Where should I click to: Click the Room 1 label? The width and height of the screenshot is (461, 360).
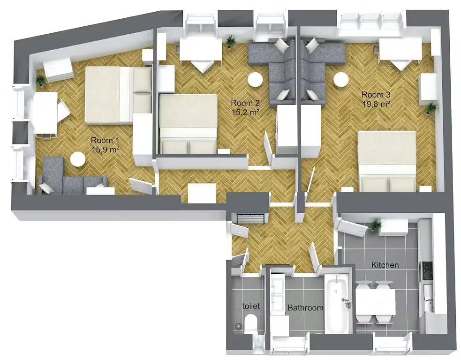(101, 140)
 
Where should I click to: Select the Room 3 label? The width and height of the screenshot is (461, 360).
(376, 94)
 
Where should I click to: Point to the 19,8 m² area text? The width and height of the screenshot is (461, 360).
(377, 104)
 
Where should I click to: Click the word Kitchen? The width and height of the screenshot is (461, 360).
(385, 265)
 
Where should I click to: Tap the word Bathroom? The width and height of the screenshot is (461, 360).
(305, 308)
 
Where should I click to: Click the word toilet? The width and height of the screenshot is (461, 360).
(251, 306)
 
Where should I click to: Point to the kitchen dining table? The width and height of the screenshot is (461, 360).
(376, 302)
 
